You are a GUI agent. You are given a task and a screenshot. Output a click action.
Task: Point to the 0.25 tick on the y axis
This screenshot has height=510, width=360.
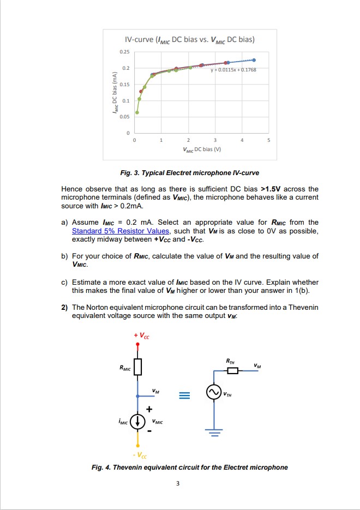pyautogui.click(x=125, y=51)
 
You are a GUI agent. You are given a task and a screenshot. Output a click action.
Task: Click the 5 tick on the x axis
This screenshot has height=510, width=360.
pyautogui.click(x=268, y=140)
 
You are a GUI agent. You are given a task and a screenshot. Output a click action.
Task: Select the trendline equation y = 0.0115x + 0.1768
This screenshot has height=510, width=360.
pyautogui.click(x=233, y=70)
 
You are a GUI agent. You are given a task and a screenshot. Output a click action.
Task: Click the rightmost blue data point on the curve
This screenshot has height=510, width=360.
pyautogui.click(x=254, y=59)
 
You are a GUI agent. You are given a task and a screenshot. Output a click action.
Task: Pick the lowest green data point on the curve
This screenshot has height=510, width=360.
pyautogui.click(x=137, y=112)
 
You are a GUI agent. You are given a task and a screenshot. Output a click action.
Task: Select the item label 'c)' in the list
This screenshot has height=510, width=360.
pyautogui.click(x=64, y=282)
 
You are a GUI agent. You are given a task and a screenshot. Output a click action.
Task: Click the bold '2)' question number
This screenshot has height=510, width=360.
pyautogui.click(x=64, y=308)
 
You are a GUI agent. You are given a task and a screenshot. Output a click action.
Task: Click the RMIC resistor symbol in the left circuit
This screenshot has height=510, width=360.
pyautogui.click(x=137, y=367)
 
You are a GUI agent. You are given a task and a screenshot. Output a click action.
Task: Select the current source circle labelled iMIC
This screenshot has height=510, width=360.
pyautogui.click(x=137, y=421)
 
